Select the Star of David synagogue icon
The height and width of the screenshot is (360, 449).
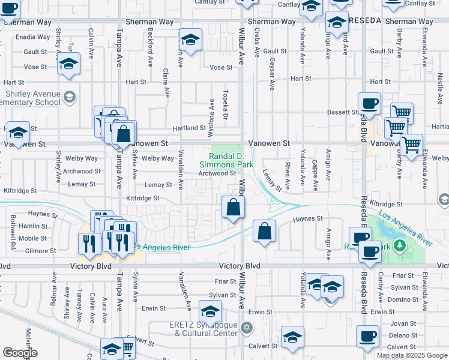click(245, 328)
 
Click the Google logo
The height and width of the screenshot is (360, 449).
click(20, 353)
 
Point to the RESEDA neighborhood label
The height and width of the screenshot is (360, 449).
click(364, 21)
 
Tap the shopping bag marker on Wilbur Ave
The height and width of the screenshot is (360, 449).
click(233, 208)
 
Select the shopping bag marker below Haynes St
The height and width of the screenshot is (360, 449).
click(264, 232)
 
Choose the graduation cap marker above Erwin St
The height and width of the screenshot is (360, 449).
click(209, 311)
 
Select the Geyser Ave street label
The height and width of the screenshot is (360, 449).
click(272, 78)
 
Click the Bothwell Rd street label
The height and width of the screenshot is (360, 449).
click(13, 238)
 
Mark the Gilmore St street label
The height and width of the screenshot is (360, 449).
click(41, 251)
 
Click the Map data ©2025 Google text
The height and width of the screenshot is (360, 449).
click(412, 355)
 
